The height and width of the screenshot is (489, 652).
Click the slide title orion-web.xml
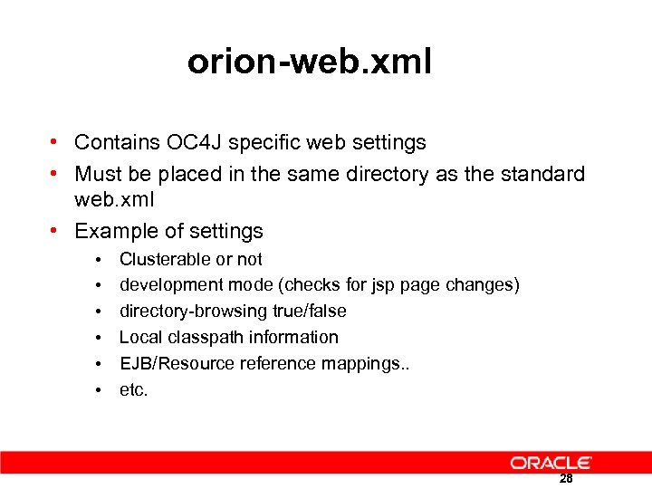click(310, 62)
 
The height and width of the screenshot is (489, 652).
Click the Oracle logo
click(551, 463)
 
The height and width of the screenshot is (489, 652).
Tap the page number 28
click(566, 479)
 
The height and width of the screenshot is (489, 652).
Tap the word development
click(171, 285)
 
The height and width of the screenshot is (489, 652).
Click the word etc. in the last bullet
click(133, 390)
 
